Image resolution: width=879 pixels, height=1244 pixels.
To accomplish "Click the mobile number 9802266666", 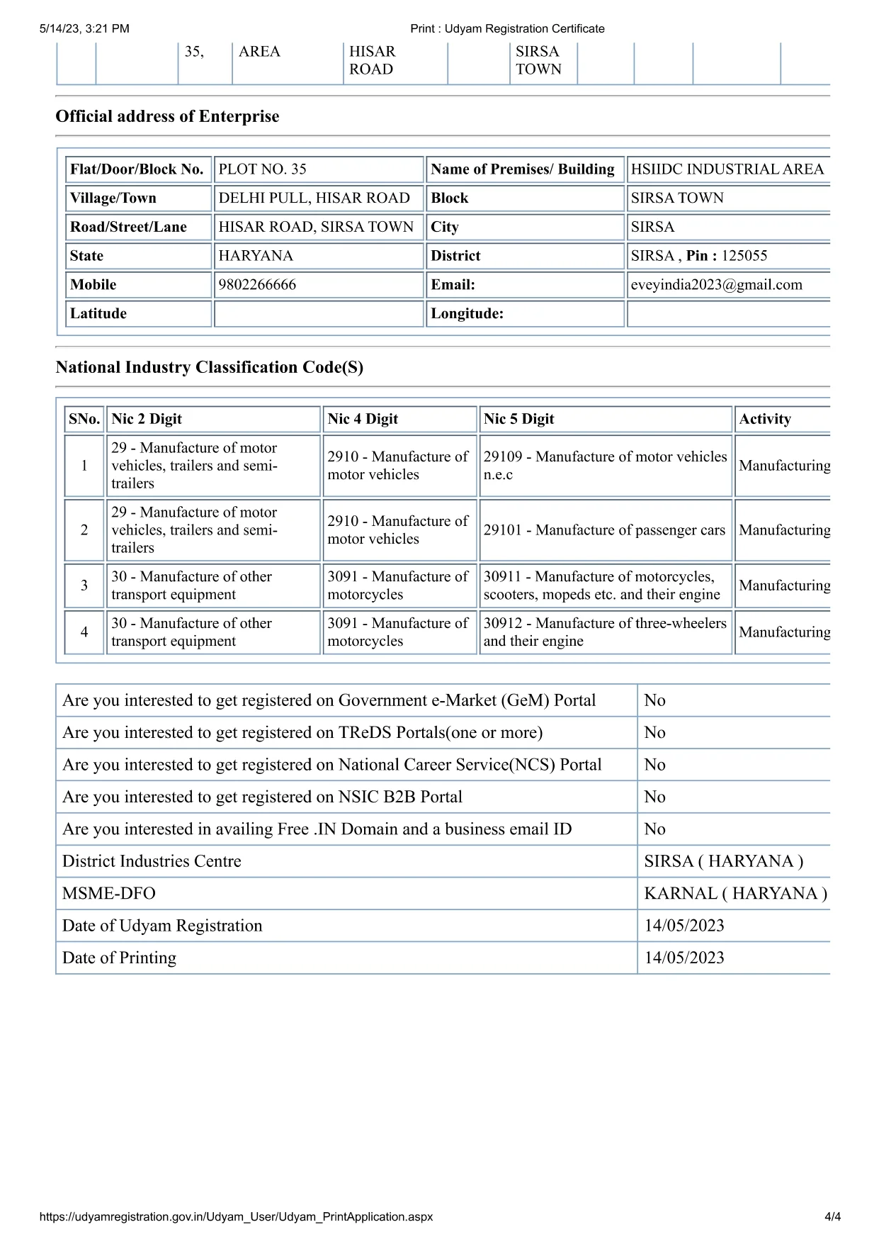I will (257, 285).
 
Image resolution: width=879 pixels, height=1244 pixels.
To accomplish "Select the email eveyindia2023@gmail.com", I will (716, 285).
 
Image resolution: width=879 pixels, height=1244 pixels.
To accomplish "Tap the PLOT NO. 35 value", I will (262, 169).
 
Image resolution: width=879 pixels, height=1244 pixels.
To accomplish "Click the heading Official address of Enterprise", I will (167, 116).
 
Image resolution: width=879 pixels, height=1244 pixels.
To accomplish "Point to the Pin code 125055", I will (744, 256).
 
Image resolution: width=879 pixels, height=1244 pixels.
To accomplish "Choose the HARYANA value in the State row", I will (256, 256).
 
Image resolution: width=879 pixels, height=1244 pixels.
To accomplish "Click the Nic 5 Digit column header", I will (518, 419).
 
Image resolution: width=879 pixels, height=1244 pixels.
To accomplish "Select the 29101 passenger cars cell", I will (604, 530).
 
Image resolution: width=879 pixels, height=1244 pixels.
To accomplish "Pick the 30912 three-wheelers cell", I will (604, 632).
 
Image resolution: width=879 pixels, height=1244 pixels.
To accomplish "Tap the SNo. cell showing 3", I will (84, 585).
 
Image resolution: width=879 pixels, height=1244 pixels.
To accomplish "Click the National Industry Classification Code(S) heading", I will (209, 367).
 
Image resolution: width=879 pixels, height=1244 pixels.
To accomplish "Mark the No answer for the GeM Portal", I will (654, 700).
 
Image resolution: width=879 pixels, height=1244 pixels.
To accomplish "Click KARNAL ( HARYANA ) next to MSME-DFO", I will (735, 893).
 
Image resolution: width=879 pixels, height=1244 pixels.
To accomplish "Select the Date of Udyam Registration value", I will (684, 926).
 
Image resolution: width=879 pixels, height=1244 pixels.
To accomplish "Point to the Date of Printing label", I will (119, 958).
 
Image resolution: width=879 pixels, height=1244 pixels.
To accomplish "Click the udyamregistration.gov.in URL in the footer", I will (236, 1217).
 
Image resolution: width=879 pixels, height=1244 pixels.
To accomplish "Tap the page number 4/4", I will (832, 1217).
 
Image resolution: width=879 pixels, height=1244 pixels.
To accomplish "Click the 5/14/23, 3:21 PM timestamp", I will (84, 29).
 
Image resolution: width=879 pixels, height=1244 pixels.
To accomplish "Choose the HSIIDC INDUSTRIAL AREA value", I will (727, 169).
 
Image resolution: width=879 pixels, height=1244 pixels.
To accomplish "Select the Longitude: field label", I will (467, 314).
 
